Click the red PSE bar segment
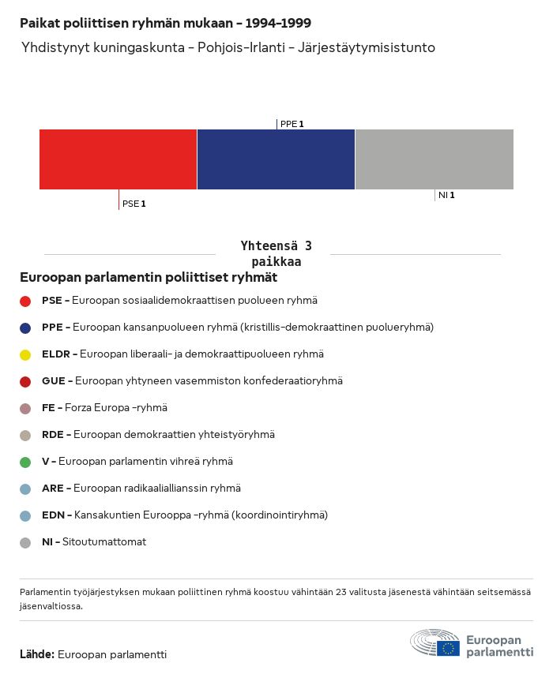[118, 159]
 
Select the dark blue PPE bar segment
[276, 159]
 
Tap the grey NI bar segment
[434, 159]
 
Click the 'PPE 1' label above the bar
[292, 124]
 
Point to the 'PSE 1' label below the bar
[134, 204]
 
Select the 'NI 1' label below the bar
[446, 195]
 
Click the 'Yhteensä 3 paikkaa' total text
[276, 253]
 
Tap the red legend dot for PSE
[25, 301]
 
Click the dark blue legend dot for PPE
[25, 328]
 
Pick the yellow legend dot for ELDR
[25, 354]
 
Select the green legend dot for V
[25, 462]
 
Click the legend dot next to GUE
[25, 381]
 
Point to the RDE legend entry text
[158, 435]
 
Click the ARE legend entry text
[141, 489]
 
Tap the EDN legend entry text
[185, 515]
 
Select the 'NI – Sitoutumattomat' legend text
[94, 542]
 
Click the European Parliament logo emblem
[435, 644]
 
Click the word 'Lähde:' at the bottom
[37, 654]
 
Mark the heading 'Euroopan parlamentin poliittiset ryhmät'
[149, 278]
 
